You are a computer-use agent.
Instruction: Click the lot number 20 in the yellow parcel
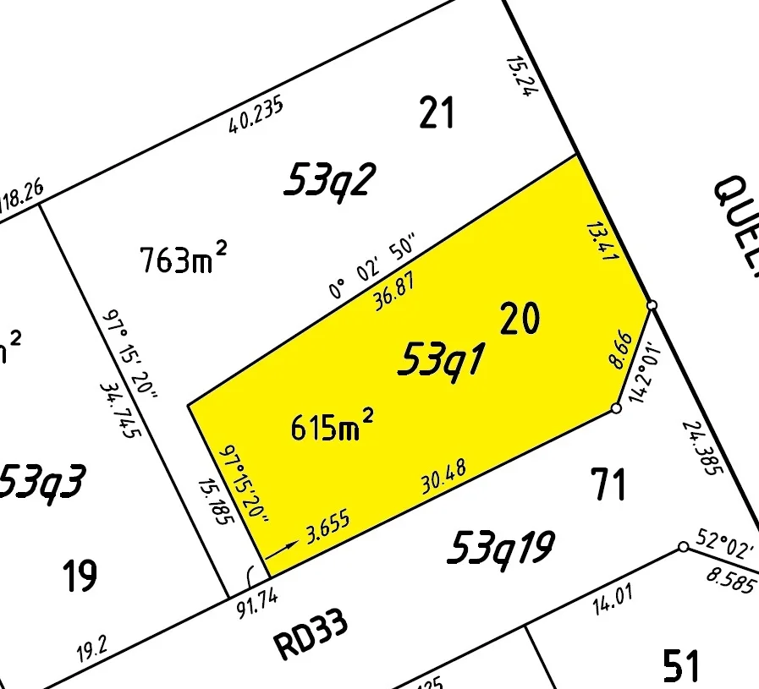[x=520, y=320]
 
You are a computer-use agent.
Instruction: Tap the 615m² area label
[x=333, y=426]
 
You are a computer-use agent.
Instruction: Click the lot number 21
[x=437, y=112]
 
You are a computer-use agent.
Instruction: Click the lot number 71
[x=609, y=485]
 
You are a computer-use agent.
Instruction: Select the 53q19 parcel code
[x=500, y=548]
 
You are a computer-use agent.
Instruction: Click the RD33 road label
[x=311, y=636]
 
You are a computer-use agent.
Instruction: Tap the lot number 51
[x=681, y=665]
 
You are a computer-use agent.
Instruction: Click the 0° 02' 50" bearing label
[x=373, y=268]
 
